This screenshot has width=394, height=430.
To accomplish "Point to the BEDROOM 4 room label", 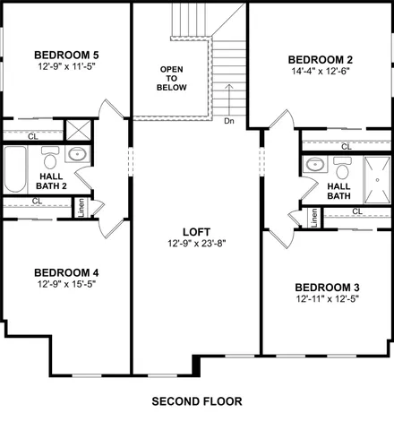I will [65, 272].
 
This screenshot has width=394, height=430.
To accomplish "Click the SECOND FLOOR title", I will [196, 400].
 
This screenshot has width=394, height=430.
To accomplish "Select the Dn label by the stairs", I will [229, 120].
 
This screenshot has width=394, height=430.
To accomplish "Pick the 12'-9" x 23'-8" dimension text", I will [195, 243].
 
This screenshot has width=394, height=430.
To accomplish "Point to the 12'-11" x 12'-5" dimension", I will [331, 300].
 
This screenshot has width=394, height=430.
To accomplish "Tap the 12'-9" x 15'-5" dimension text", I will [65, 286].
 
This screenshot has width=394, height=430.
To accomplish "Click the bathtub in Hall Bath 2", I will [16, 165].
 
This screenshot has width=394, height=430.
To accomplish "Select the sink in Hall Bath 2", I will [78, 154].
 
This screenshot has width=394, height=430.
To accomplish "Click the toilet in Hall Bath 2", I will [50, 159].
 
